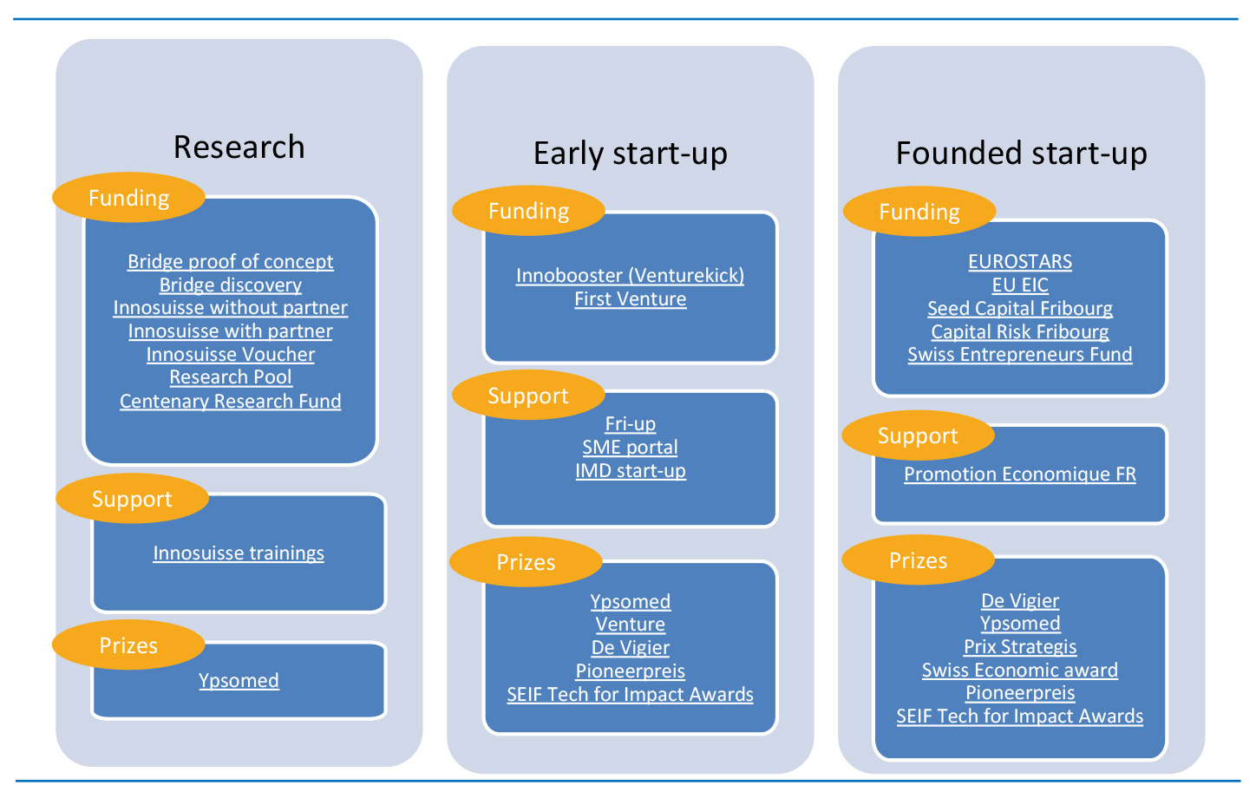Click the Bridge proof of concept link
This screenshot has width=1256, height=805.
231,262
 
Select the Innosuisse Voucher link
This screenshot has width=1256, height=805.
231,354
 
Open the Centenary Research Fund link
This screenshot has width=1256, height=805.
231,402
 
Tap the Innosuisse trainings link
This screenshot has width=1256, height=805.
239,553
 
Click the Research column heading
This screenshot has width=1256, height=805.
239,147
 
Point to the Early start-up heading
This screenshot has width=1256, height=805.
631,154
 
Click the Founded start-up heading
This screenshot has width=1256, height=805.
1021,154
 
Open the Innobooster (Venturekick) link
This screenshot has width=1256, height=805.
631,276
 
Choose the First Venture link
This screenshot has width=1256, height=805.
631,299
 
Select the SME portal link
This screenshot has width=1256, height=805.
631,448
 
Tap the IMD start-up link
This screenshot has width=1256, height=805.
631,471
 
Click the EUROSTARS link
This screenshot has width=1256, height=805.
1020,262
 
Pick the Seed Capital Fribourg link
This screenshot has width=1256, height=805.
1020,308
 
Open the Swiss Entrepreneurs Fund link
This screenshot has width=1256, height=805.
1020,355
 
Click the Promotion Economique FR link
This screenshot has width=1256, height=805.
1020,474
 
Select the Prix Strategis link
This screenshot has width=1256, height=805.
1020,647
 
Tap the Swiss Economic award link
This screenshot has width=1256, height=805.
1020,671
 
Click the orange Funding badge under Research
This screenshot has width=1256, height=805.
129,197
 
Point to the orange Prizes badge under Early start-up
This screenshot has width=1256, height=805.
526,562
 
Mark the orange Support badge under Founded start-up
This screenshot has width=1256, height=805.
918,435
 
